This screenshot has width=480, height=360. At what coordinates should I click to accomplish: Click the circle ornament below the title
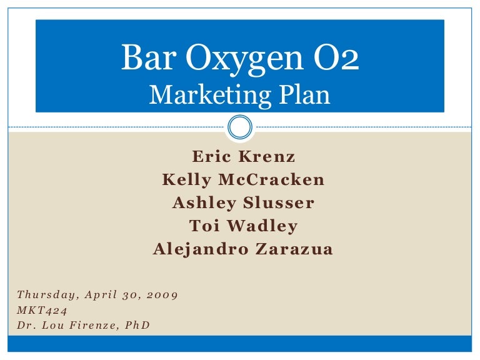[x=240, y=127]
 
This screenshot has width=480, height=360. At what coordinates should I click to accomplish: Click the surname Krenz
[x=269, y=157]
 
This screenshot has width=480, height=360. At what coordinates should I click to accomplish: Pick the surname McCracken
[x=272, y=180]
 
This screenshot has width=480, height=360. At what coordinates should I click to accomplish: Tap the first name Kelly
[x=186, y=180]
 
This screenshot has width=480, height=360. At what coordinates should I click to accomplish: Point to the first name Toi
[x=202, y=226]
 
